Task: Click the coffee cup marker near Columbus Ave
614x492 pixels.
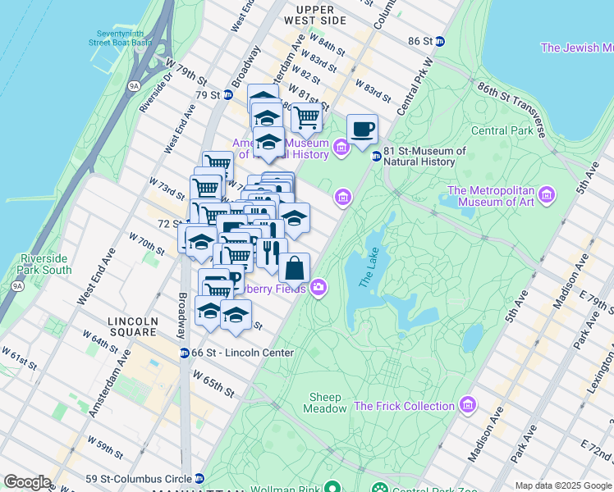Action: (x=362, y=130)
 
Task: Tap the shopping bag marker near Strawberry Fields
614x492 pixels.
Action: (x=295, y=268)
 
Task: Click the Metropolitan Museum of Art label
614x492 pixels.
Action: (x=490, y=197)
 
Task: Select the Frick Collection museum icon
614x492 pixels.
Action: (x=467, y=406)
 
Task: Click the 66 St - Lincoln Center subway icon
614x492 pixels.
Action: (x=186, y=353)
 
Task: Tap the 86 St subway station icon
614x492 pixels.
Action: (x=440, y=41)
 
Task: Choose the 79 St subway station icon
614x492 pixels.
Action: (x=228, y=95)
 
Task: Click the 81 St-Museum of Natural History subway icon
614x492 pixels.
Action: (x=376, y=156)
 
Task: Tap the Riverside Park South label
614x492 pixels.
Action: (x=45, y=264)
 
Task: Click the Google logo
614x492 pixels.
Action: (x=27, y=482)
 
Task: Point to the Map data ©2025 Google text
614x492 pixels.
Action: (x=562, y=485)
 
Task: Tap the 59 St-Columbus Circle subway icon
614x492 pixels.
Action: (x=199, y=479)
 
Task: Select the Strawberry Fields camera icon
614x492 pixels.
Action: (x=318, y=288)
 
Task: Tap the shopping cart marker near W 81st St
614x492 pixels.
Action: (x=306, y=118)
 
